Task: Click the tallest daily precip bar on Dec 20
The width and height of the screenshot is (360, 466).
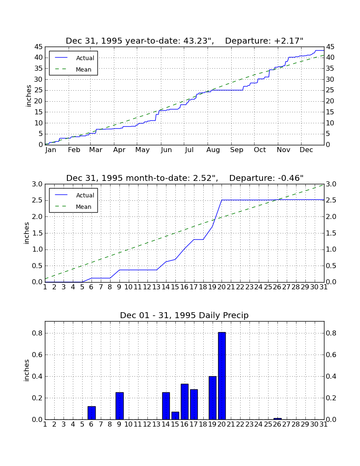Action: coord(222,376)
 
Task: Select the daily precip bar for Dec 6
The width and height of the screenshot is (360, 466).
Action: coord(91,413)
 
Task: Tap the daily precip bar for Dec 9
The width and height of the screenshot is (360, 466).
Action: coord(119,406)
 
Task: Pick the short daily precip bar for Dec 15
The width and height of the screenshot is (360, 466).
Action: coord(175,416)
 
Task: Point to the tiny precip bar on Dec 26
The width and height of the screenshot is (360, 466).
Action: coord(277,419)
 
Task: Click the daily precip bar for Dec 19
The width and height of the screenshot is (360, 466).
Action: coord(212,398)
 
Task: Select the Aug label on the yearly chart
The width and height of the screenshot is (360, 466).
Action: coord(213,150)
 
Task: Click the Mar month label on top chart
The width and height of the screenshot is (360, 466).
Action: coord(96,150)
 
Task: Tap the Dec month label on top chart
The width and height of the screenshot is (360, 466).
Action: coord(306,150)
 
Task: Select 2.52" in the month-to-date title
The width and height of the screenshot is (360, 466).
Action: coord(205,178)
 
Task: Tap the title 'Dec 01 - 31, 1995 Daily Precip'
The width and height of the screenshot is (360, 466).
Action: coord(184,315)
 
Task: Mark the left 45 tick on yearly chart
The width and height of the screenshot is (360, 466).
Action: coord(39,47)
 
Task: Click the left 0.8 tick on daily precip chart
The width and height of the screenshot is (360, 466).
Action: coord(37,333)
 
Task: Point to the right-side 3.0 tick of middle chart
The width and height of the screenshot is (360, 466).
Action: coord(331,184)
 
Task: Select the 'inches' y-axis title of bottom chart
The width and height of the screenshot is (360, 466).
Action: coord(27,370)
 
